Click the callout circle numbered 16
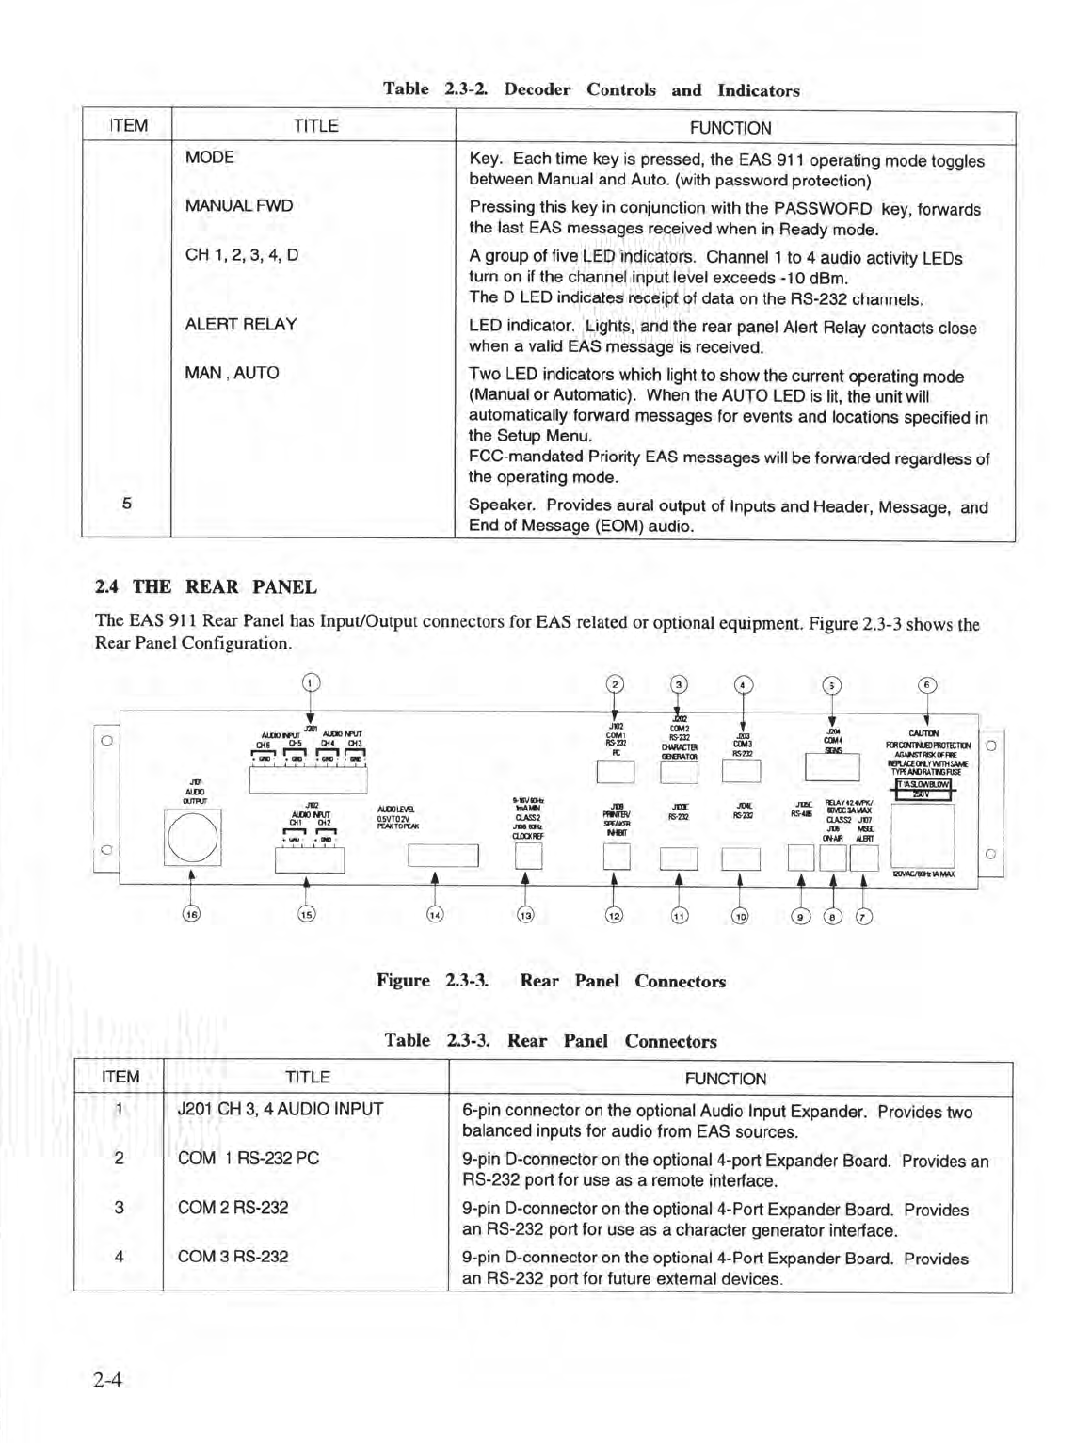tap(192, 914)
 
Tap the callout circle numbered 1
tap(312, 683)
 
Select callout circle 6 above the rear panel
tap(927, 685)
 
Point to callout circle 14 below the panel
tap(435, 914)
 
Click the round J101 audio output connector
tap(192, 837)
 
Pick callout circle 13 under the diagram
tap(525, 914)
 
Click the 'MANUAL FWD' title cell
tap(239, 205)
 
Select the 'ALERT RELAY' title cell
tap(241, 324)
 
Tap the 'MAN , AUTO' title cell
tap(232, 373)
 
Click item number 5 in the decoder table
tap(127, 503)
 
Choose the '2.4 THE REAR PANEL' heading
tap(206, 587)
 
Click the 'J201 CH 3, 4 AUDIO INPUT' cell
tap(281, 1109)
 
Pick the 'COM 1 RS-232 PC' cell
tap(249, 1158)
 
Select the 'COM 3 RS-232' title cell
tap(233, 1256)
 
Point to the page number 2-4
tap(109, 1381)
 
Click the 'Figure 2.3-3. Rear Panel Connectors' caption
tap(551, 981)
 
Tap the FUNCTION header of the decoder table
tap(730, 128)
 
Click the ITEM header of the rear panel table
tap(120, 1077)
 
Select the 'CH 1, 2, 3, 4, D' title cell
tap(242, 254)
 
